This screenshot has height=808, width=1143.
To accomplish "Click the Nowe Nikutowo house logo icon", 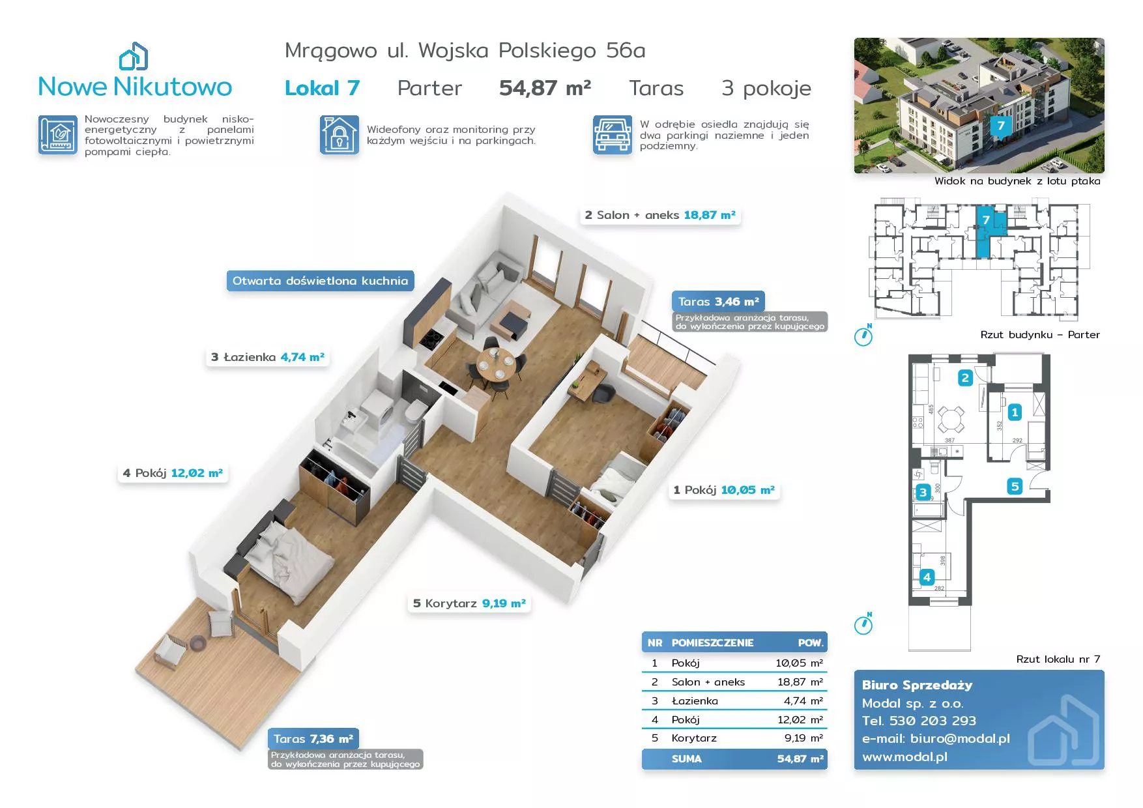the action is [134, 56].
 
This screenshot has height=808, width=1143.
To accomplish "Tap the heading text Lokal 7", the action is [322, 88].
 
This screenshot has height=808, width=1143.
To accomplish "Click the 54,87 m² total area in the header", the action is [545, 88].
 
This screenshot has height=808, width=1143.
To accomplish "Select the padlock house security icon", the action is [339, 135].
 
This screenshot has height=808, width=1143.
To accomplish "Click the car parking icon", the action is [612, 135].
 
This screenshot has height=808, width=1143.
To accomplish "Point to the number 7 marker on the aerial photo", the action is [1001, 126].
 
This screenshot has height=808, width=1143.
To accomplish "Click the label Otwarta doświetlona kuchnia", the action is [320, 281].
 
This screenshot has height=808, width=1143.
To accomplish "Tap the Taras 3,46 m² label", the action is [718, 302].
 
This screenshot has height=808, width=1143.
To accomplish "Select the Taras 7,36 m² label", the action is [313, 739].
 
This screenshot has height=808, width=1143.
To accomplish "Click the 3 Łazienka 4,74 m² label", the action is [267, 357].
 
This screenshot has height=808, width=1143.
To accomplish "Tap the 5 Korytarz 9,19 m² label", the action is [469, 603].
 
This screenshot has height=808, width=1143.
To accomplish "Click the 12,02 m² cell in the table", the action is [800, 719].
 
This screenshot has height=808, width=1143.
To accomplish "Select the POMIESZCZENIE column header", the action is [712, 642].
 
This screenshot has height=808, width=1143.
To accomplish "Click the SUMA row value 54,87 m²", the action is [800, 758].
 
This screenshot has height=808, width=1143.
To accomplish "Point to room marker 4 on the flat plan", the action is [927, 577].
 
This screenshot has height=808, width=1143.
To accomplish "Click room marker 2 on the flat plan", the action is [965, 377].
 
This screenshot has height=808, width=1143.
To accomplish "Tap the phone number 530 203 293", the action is [933, 721].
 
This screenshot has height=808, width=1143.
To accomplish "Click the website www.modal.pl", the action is [904, 757].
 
